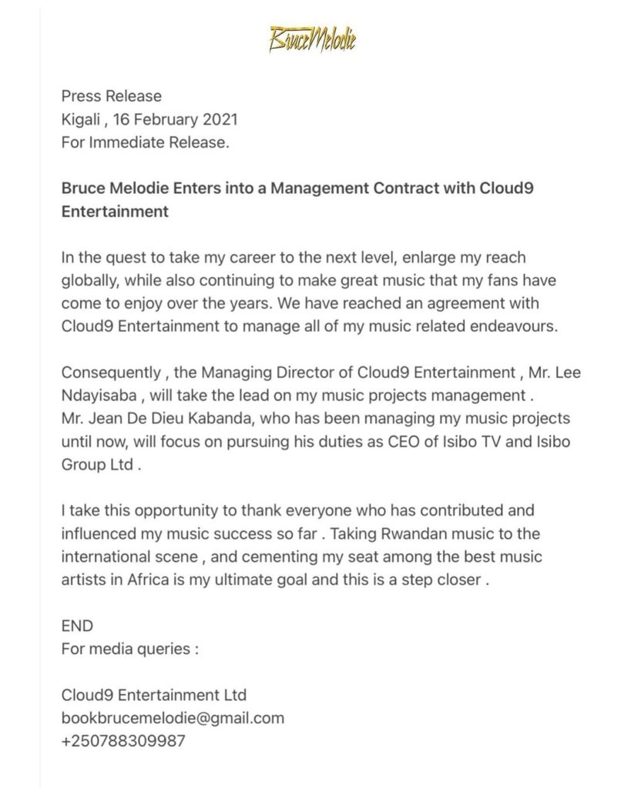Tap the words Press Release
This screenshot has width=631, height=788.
tap(112, 96)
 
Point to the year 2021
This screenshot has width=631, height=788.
tap(220, 119)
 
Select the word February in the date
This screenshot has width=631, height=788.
tap(163, 119)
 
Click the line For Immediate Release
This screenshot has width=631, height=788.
tap(145, 142)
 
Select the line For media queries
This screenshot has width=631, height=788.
tap(129, 648)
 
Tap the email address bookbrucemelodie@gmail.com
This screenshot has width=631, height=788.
tap(173, 718)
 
